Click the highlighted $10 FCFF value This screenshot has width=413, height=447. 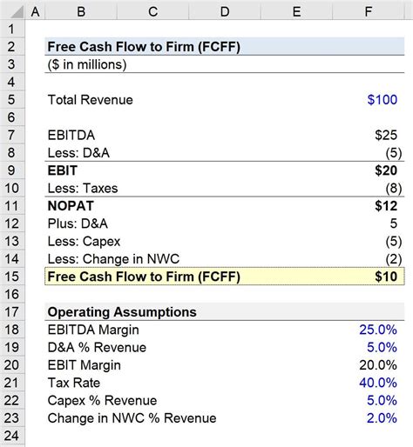(383, 277)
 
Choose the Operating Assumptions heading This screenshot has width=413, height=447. (122, 312)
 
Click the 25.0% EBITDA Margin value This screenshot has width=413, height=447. (378, 330)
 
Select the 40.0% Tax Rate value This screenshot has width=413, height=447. (378, 384)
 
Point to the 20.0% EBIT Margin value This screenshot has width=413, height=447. (378, 365)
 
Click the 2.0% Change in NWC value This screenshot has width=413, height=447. (382, 419)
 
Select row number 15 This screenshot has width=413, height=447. (14, 277)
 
